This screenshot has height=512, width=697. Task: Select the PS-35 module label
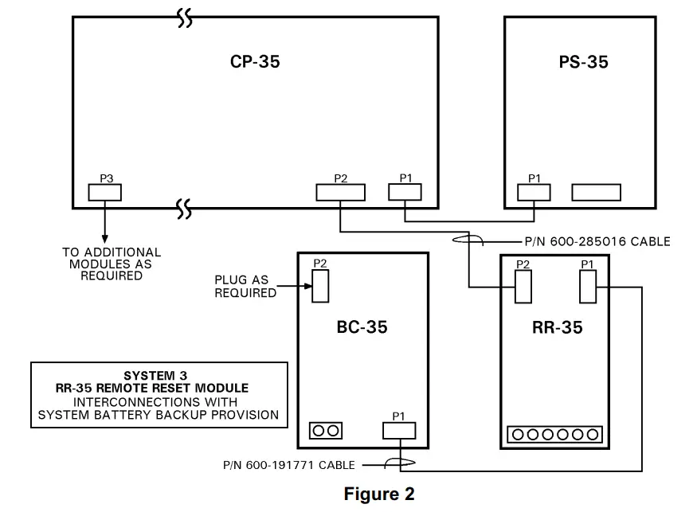583,62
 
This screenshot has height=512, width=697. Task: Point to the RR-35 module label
557,326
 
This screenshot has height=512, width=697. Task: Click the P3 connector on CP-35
104,192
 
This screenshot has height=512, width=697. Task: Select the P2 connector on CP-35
340,192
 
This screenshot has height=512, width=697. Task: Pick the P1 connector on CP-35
405,192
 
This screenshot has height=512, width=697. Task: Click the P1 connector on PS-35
534,192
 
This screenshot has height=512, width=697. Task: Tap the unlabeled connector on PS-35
596,192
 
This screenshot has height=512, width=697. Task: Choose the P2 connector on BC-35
320,286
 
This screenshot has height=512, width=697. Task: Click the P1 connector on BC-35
399,430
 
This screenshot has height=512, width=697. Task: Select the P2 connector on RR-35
523,287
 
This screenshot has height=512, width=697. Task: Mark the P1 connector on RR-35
588,287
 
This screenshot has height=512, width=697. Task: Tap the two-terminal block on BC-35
325,430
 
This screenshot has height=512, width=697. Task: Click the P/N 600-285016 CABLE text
585,241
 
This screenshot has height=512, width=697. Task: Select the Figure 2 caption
379,494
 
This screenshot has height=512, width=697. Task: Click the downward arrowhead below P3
104,237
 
